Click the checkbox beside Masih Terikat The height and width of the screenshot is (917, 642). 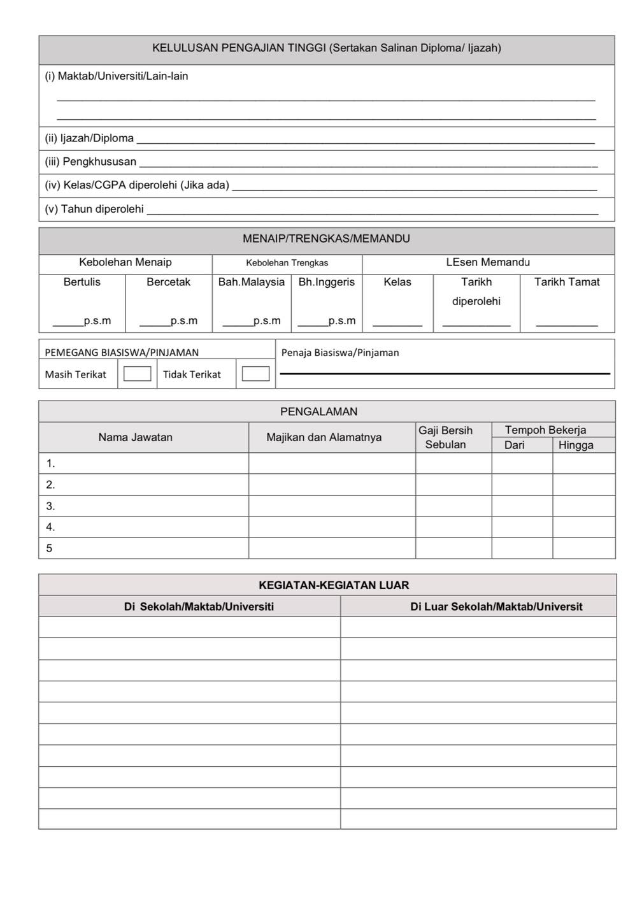click(x=137, y=374)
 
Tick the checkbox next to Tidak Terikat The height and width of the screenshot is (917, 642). click(x=255, y=374)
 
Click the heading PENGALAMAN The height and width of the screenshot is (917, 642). click(x=319, y=411)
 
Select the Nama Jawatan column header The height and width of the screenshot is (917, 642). click(x=135, y=437)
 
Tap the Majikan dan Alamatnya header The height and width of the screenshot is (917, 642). click(x=324, y=437)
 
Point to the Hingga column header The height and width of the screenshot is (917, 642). click(x=576, y=445)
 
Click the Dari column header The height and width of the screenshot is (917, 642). click(x=514, y=445)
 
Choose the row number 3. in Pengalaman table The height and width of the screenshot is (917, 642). click(x=50, y=506)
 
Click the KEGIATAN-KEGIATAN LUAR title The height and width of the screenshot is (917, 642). click(x=334, y=585)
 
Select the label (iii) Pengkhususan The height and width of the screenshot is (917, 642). click(x=90, y=162)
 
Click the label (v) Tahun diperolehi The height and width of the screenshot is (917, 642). click(x=94, y=209)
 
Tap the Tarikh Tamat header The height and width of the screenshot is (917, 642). click(x=567, y=281)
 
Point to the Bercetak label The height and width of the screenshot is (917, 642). click(x=168, y=281)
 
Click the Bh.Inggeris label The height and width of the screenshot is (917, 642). click(x=326, y=281)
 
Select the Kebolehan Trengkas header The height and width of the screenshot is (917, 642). click(x=287, y=262)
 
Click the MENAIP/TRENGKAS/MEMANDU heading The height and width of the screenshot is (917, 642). click(x=326, y=239)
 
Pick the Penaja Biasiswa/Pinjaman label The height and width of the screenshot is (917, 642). click(x=340, y=352)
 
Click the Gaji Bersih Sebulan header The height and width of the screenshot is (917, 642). click(x=446, y=437)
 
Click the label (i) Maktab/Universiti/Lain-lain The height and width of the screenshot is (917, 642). click(x=117, y=76)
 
